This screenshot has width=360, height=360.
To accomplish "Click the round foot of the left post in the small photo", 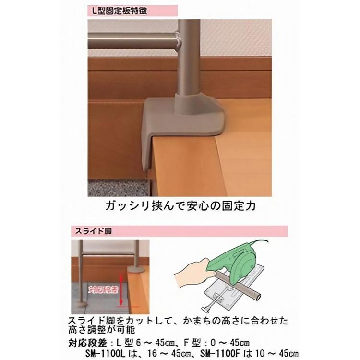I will tap(81, 303).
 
